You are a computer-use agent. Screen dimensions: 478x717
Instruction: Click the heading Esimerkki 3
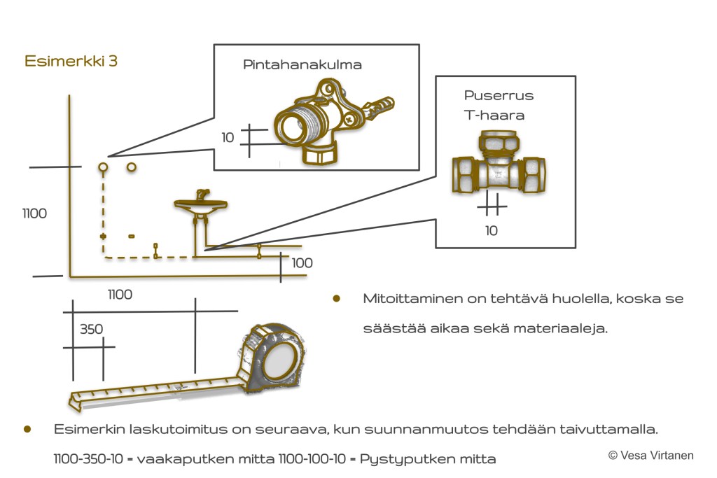pos(71,62)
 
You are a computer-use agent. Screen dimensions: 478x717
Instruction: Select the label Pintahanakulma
pos(302,65)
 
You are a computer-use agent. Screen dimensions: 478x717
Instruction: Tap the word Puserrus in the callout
pos(499,96)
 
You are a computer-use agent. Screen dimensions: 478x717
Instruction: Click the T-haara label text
pos(494,115)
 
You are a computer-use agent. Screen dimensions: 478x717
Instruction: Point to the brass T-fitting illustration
pos(499,170)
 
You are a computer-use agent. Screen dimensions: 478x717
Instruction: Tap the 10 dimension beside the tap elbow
pos(228,138)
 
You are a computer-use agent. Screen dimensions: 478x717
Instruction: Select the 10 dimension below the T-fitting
pos(492,230)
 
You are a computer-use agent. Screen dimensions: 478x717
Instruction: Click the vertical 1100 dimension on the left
pos(34,213)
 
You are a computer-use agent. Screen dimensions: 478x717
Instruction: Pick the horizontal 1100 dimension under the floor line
pos(120,295)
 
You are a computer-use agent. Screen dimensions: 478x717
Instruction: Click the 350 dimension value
pos(91,329)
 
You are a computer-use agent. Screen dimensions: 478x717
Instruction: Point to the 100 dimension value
pos(302,264)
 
